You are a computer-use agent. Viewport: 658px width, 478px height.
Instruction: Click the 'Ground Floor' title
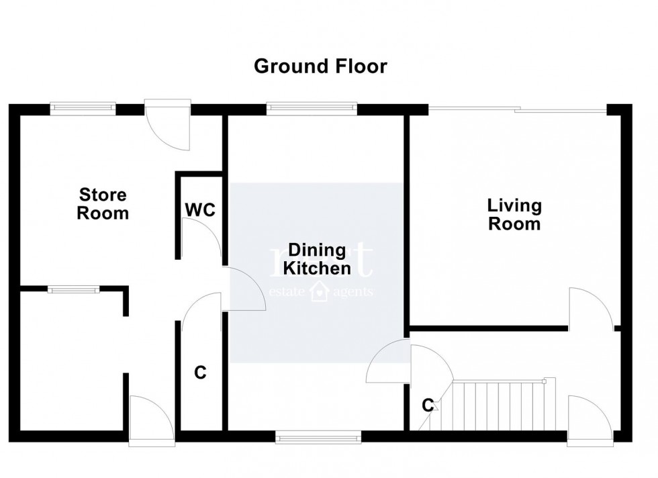point(320,66)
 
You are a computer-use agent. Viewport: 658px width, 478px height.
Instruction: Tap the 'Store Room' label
point(103,205)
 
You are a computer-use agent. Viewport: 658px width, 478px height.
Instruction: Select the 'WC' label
point(200,210)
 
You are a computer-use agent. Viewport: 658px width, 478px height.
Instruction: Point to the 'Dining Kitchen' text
point(316,259)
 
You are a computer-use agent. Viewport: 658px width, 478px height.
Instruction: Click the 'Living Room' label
point(514,214)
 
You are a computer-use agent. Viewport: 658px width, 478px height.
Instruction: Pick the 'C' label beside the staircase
point(427,405)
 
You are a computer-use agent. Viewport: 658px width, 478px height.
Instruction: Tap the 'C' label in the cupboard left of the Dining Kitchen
point(199,373)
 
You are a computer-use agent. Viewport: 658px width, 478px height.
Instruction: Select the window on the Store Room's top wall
point(83,105)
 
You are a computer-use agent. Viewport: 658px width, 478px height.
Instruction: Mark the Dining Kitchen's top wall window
point(311,105)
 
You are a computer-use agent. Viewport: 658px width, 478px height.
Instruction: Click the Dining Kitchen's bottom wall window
point(318,438)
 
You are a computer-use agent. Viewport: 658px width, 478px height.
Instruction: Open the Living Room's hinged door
point(590,309)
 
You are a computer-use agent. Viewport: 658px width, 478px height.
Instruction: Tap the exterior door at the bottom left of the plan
point(152,422)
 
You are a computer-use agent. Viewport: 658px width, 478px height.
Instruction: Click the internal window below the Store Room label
point(73,289)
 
